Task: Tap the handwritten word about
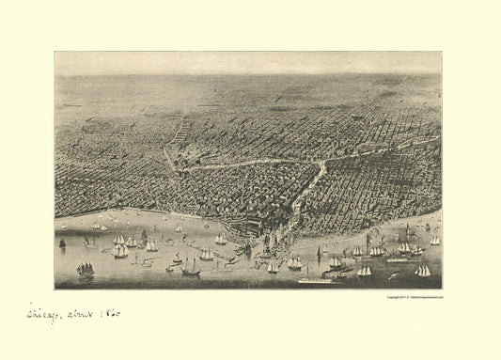tap(81, 313)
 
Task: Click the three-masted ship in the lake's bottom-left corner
tap(86, 270)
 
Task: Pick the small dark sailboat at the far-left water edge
tap(63, 243)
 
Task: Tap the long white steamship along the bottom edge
tap(316, 278)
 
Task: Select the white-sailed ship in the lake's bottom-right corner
tap(423, 271)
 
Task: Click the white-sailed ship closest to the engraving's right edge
tap(434, 241)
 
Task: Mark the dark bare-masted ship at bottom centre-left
tap(190, 269)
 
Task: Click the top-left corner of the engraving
tap(55, 53)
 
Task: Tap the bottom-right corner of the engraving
tap(442, 288)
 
